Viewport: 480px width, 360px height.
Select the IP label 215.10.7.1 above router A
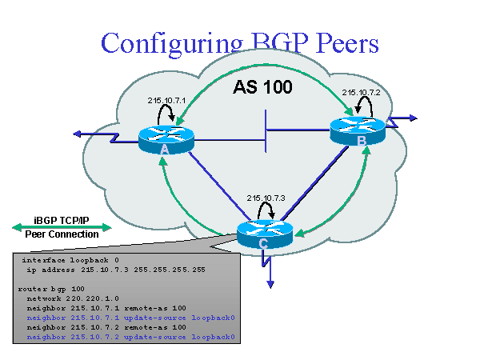tap(166, 100)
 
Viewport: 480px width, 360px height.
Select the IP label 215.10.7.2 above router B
tap(360, 91)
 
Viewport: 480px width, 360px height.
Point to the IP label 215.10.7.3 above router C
tap(266, 197)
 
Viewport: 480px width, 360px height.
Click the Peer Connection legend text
tap(62, 234)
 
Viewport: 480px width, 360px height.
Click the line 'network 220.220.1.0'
tap(71, 295)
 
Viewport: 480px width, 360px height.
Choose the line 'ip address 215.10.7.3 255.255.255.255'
tap(115, 270)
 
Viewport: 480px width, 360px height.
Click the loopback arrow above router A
tap(167, 114)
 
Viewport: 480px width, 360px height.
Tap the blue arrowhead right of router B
tap(411, 118)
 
